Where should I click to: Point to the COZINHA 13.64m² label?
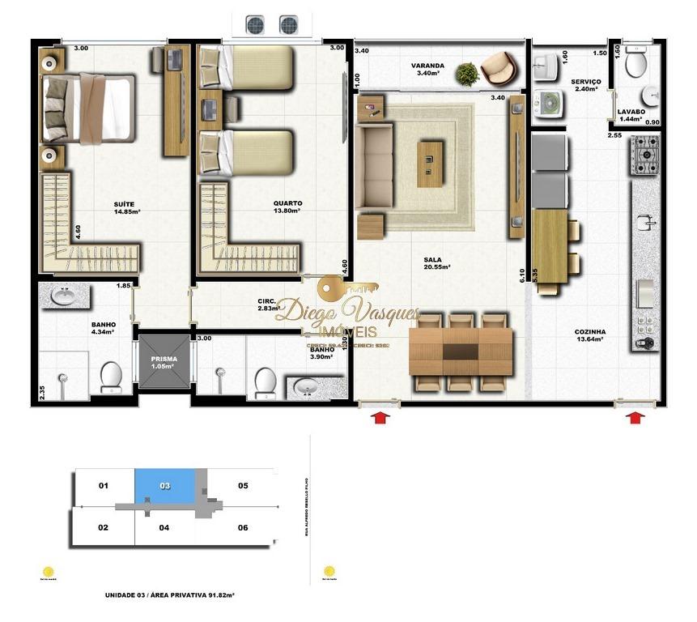click(589, 335)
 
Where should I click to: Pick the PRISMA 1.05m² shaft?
click(162, 361)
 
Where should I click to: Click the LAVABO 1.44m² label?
click(631, 115)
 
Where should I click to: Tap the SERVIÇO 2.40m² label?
click(584, 85)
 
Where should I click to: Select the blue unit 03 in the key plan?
click(165, 486)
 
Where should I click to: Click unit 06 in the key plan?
click(243, 527)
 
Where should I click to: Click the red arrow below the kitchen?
click(637, 417)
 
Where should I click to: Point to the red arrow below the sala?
click(380, 417)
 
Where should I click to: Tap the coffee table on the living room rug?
click(430, 164)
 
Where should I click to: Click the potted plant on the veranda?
click(466, 75)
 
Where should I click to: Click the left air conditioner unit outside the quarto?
click(256, 25)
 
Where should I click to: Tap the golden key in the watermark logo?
click(345, 288)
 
